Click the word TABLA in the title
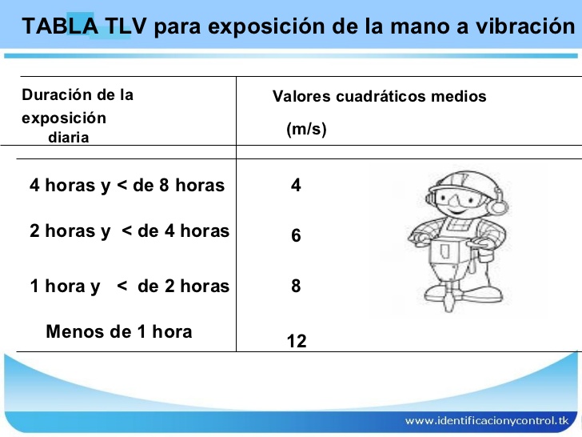[57, 26]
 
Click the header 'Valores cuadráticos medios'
[379, 97]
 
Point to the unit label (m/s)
[306, 129]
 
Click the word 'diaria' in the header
[68, 138]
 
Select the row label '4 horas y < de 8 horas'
[127, 186]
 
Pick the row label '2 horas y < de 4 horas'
[130, 231]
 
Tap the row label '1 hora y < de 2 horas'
[130, 286]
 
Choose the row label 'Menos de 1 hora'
[119, 331]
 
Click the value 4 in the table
[296, 186]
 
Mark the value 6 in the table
[296, 236]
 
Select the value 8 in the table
[296, 286]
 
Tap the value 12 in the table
[297, 342]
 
